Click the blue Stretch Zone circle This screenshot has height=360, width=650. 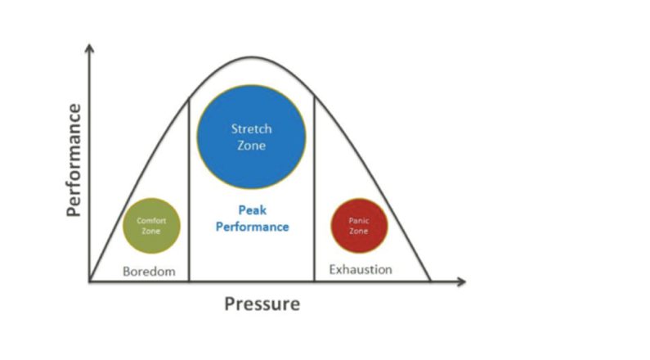pos(251,137)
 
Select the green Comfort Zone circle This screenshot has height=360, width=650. pos(151,226)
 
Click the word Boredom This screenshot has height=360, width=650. pos(149,271)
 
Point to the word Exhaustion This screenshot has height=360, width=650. pos(360,269)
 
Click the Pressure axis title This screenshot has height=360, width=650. pos(262,304)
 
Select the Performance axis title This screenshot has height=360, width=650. pos(74,160)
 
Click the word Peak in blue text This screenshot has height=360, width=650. pos(252,210)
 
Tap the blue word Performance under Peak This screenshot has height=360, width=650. pos(252,227)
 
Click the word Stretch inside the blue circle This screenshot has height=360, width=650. pos(251,129)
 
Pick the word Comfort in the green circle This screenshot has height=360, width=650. pos(151,221)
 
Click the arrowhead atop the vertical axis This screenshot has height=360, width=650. pos(90,47)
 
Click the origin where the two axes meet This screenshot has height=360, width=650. pos(90,282)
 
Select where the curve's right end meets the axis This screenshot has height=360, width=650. pos(431,282)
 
